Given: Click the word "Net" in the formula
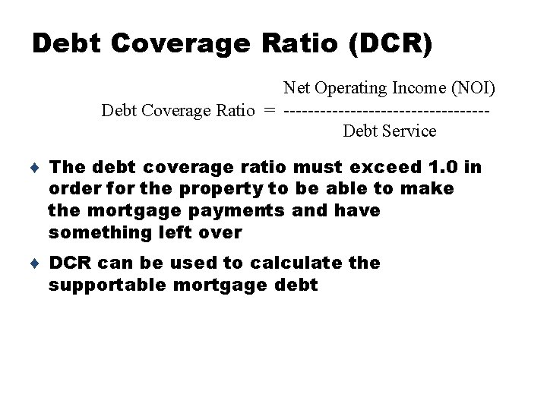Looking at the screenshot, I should pyautogui.click(x=297, y=90).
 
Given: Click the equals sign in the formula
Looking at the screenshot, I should pyautogui.click(x=270, y=111).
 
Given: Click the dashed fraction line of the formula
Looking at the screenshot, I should pyautogui.click(x=386, y=111).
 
